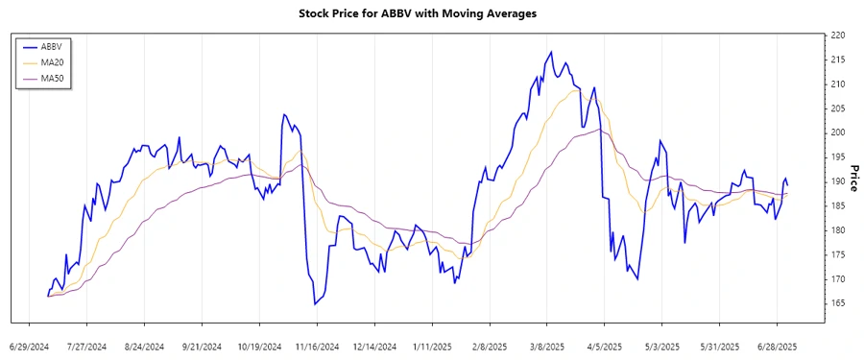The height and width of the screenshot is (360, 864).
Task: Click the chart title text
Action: (x=431, y=13)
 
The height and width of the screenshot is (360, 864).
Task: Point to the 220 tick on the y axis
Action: (x=836, y=35)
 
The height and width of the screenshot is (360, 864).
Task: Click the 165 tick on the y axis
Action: (x=836, y=303)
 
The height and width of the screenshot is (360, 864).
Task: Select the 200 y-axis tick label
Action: (x=836, y=132)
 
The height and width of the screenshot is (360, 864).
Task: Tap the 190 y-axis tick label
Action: (x=836, y=181)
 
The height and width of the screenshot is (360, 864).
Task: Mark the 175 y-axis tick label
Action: (x=836, y=254)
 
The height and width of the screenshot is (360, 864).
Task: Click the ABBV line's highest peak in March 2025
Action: (x=551, y=52)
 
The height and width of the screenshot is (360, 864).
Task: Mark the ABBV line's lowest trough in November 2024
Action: (x=315, y=304)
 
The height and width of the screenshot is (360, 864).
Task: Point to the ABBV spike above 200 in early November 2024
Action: (x=284, y=114)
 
